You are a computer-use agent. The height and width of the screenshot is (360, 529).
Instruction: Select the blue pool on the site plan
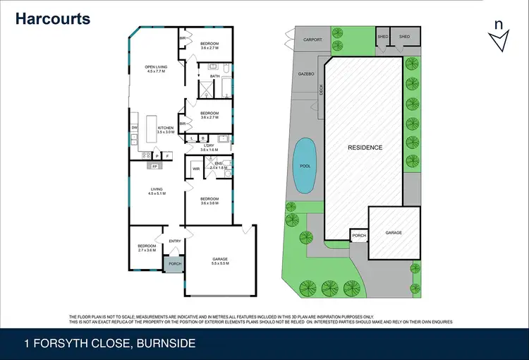[304, 165]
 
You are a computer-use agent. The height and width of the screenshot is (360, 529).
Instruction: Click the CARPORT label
[312, 40]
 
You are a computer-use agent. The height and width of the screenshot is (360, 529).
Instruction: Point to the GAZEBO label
[305, 73]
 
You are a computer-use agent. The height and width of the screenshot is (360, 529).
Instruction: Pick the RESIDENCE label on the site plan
[365, 148]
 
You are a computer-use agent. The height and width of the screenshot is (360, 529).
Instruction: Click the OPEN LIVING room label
[155, 69]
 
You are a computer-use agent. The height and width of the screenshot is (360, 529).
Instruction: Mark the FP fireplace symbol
[154, 166]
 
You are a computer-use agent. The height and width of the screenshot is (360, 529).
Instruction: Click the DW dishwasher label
[133, 128]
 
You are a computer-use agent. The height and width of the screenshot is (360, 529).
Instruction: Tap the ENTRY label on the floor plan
[175, 241]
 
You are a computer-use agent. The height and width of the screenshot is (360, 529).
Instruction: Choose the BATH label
[214, 76]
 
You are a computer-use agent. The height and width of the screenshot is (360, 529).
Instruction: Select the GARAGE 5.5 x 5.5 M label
[220, 261]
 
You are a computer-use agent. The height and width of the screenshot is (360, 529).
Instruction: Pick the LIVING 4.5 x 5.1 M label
[156, 191]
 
